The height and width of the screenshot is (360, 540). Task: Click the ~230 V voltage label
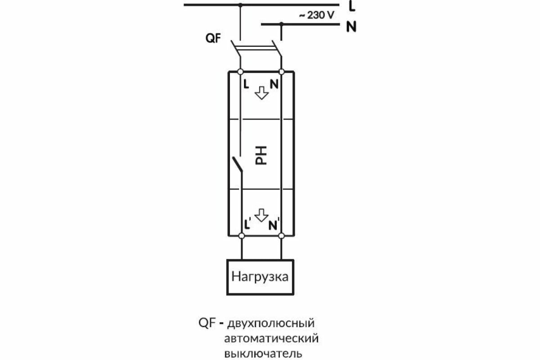(x=317, y=15)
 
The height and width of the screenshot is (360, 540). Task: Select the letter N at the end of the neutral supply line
(x=351, y=27)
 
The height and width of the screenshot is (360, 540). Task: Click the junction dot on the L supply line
(x=240, y=4)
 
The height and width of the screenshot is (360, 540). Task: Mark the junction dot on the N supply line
(x=281, y=23)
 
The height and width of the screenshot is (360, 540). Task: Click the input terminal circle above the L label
(x=240, y=72)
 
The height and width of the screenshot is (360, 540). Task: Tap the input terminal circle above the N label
(x=282, y=72)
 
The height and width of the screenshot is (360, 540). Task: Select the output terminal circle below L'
(x=241, y=235)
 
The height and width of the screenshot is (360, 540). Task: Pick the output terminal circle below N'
(x=282, y=235)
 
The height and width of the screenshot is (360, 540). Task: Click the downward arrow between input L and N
(x=261, y=92)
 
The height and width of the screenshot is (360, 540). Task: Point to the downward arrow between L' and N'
(x=261, y=215)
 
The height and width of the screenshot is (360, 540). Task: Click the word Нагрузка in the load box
(x=260, y=276)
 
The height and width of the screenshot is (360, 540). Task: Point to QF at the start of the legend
(x=207, y=323)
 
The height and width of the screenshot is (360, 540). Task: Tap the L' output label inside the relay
(x=247, y=223)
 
